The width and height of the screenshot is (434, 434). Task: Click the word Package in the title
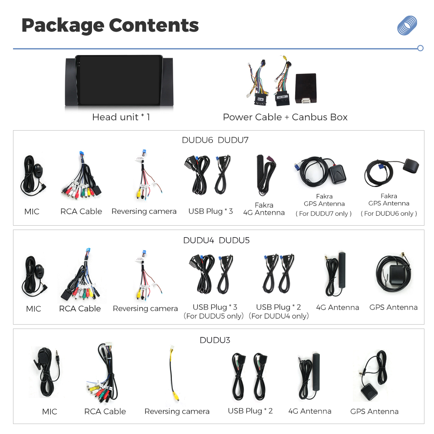63,26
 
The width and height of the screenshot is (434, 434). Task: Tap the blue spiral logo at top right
407,26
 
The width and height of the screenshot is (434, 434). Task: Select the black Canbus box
306,88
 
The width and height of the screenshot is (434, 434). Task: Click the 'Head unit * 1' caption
121,117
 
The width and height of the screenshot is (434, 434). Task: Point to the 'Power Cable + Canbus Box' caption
285,117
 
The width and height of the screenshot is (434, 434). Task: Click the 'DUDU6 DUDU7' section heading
215,140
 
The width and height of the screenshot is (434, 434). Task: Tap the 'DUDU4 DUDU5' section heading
216,240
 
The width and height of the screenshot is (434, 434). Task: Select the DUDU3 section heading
215,340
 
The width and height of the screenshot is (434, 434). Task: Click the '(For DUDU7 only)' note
324,214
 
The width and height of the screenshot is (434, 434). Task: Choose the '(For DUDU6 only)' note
388,214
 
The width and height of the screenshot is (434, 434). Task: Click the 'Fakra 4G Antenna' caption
264,209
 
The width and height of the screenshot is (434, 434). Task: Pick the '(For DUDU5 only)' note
214,316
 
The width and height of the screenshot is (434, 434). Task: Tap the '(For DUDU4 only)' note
279,316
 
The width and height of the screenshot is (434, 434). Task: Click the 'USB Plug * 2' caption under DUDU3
250,411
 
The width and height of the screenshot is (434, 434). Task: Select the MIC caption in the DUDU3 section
49,411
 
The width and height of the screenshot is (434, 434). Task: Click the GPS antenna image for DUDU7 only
321,171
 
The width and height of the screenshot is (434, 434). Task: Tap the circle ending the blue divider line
420,48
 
